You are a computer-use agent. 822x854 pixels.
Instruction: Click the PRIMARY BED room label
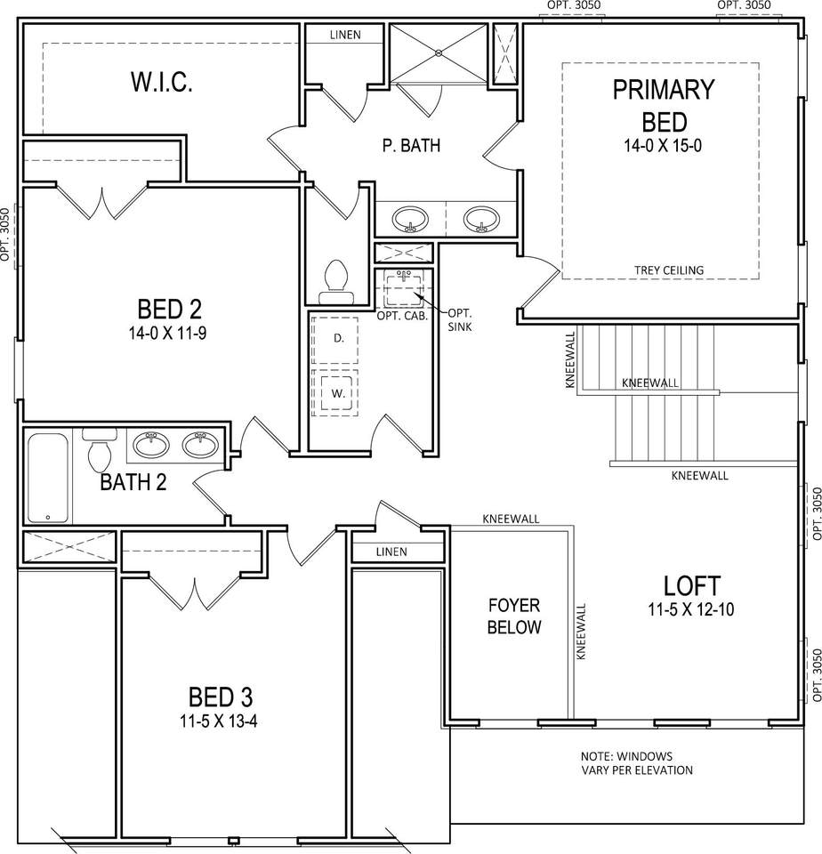[664, 105]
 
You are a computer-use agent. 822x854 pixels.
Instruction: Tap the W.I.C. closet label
[161, 82]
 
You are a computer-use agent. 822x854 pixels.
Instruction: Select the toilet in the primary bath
[336, 282]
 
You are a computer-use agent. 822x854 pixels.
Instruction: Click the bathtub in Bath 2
[48, 478]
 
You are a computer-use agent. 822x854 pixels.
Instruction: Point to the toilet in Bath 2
[100, 450]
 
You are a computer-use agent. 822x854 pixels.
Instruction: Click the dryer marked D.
[335, 339]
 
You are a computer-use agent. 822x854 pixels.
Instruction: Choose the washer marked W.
[335, 392]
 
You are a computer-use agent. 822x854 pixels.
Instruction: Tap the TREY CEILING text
[668, 270]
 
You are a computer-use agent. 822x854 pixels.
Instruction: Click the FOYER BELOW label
[513, 616]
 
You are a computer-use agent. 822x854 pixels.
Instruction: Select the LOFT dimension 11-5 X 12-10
[690, 608]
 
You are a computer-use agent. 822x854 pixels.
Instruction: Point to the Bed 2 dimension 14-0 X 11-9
[167, 333]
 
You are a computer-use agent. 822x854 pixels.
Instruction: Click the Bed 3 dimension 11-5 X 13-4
[219, 721]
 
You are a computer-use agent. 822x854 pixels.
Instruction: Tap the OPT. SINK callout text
[460, 320]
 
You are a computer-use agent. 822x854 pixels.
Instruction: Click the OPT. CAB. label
[402, 316]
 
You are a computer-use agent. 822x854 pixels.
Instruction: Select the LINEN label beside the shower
[345, 35]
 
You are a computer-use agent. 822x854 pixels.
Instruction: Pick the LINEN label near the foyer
[391, 552]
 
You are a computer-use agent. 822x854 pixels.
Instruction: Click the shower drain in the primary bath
[439, 52]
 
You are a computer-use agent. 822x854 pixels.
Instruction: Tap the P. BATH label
[411, 145]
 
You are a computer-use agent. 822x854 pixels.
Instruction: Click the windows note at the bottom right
[637, 763]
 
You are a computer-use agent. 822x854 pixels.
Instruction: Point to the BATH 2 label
[133, 482]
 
